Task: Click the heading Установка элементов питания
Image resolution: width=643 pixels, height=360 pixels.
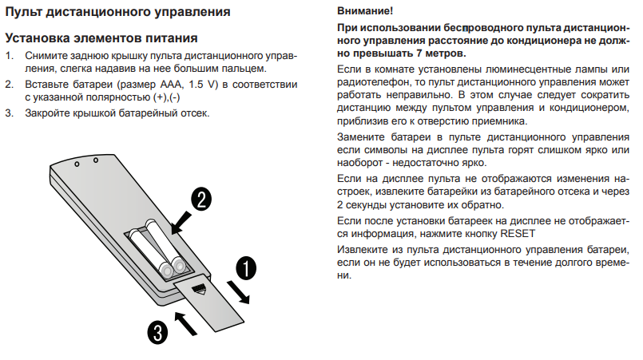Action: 102,38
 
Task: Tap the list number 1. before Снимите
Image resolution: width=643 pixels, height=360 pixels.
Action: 10,56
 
